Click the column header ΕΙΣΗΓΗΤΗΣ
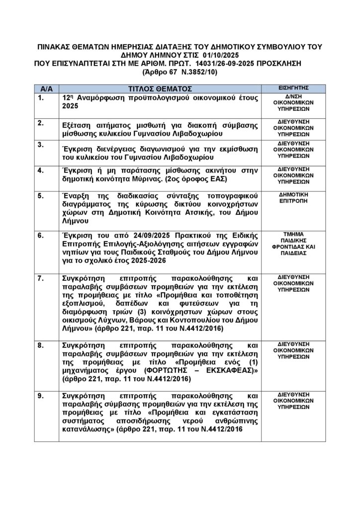pyautogui.click(x=294, y=87)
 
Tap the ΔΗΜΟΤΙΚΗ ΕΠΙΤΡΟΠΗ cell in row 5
pyautogui.click(x=294, y=198)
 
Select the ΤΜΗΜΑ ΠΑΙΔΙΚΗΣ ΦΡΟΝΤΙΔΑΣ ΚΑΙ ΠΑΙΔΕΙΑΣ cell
pyautogui.click(x=294, y=243)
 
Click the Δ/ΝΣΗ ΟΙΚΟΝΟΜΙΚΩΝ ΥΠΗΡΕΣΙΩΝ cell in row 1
pyautogui.click(x=294, y=103)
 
